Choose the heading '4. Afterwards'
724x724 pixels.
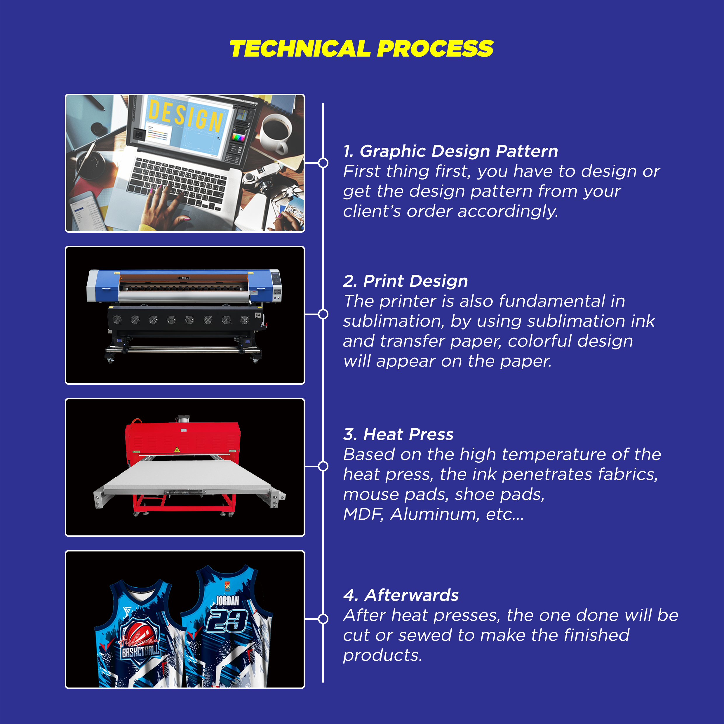click(401, 595)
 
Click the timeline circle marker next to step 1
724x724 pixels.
click(323, 163)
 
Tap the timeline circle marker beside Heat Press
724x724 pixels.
click(323, 466)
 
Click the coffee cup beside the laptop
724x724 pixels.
click(275, 133)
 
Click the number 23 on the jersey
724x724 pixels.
click(227, 621)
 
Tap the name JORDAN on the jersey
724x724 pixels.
click(227, 601)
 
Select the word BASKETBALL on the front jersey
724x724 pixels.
click(140, 652)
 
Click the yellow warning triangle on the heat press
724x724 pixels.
click(177, 450)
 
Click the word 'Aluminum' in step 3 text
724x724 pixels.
click(435, 514)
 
